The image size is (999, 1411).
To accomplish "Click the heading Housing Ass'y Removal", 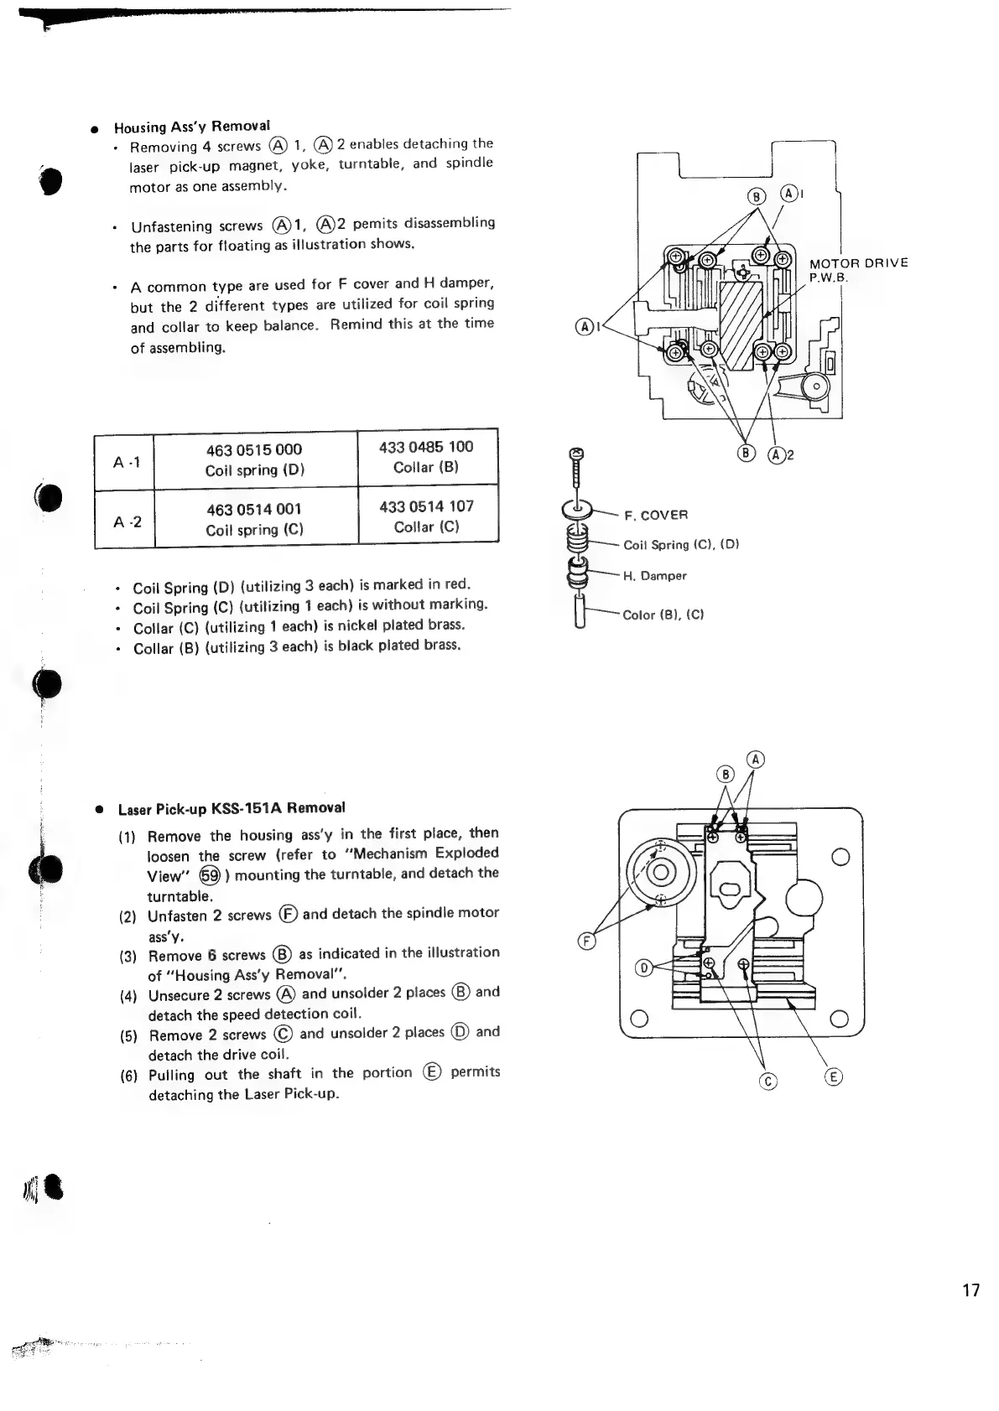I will (x=192, y=127).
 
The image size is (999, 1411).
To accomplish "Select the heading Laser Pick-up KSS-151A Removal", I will (x=232, y=809).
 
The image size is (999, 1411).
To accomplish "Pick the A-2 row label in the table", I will (x=126, y=521).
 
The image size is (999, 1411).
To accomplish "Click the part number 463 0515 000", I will (x=253, y=450).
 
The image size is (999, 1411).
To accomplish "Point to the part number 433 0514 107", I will (x=426, y=506).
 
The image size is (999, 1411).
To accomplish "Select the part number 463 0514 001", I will (x=253, y=510).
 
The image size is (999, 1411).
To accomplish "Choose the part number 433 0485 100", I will (x=426, y=447).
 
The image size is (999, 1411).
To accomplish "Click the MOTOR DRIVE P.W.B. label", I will (x=857, y=269).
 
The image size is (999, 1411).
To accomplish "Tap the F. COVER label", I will (x=656, y=515).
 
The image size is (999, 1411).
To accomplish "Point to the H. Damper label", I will (x=654, y=576).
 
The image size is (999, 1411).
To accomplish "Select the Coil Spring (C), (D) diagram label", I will (x=680, y=545).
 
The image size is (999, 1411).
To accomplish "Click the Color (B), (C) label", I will (x=663, y=615).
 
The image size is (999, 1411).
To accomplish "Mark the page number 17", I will (x=970, y=1290).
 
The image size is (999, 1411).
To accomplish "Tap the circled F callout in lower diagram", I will (x=587, y=941).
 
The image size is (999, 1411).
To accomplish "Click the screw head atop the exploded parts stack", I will (x=576, y=454).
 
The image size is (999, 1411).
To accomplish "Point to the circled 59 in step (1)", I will (x=210, y=875).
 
